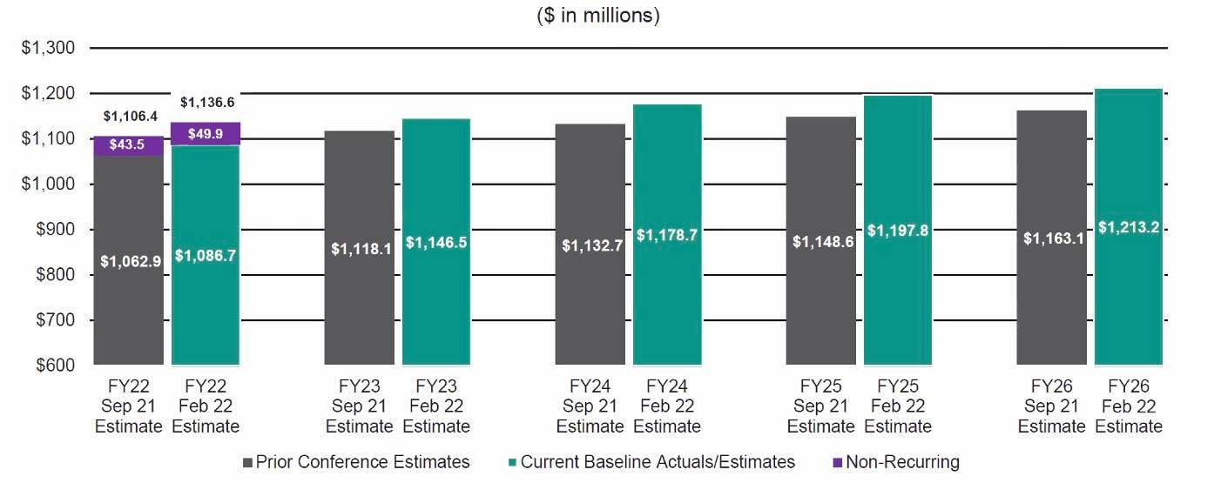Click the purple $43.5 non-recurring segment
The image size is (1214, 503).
point(128,145)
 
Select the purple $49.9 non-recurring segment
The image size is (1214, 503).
point(206,133)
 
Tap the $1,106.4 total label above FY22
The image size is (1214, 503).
point(132,116)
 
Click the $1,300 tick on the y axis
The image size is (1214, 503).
point(49,48)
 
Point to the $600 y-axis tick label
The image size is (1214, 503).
point(52,365)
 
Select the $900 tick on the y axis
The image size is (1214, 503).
point(52,230)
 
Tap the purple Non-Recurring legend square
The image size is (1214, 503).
point(838,463)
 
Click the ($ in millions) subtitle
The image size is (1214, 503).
point(598,16)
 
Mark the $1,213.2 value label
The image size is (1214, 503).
point(1129,228)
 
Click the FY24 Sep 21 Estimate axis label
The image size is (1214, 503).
point(590,406)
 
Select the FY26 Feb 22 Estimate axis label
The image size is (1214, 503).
point(1129,406)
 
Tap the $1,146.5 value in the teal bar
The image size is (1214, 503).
point(436,243)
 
